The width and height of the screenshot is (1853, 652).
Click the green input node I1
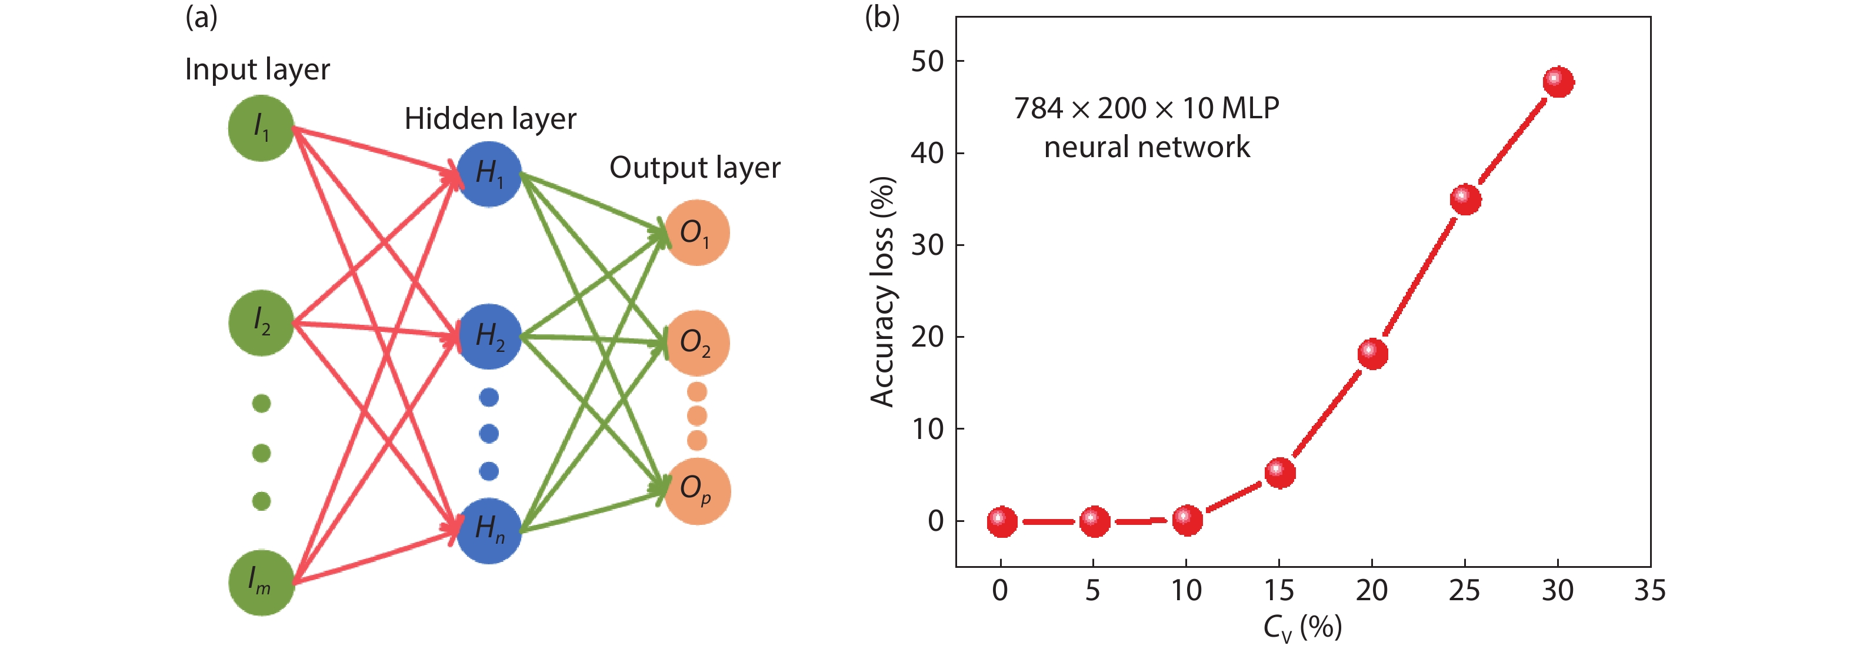[261, 128]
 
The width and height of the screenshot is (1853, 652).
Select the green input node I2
[261, 323]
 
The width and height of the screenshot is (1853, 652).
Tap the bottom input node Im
[261, 582]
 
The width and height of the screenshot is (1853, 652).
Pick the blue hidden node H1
[489, 174]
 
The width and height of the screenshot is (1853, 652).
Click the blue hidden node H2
[489, 336]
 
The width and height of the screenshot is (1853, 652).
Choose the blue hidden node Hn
[489, 530]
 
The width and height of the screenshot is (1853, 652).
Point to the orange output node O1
[696, 232]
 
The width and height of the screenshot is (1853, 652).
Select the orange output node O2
[696, 342]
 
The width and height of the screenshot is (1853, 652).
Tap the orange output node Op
[696, 491]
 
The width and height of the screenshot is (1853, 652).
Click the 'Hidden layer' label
[490, 119]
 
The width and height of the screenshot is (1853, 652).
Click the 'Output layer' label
[694, 168]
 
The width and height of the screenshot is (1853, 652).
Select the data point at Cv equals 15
[1279, 473]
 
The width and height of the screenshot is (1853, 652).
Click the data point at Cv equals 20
[1372, 353]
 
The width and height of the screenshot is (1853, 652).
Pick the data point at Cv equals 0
[1001, 521]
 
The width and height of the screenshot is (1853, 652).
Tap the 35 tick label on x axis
[1649, 591]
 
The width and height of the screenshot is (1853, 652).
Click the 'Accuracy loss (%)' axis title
[882, 291]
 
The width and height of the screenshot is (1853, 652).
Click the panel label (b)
[882, 16]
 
